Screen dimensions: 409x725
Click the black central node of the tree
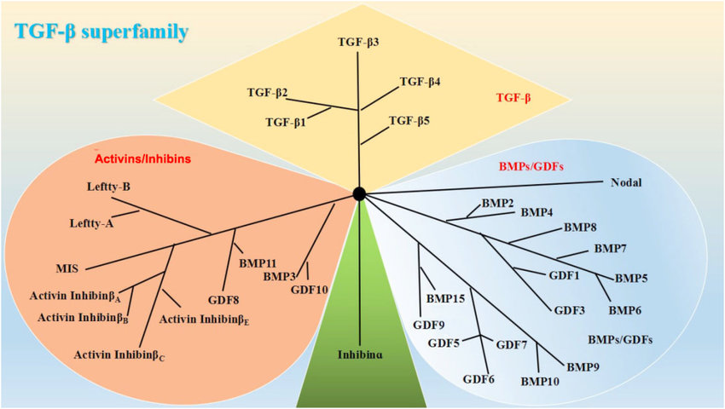pos(360,194)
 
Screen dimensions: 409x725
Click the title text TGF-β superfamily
pos(101,32)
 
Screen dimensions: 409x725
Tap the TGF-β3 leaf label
pos(358,42)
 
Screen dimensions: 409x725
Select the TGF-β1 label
pos(286,123)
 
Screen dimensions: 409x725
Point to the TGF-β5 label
pos(409,121)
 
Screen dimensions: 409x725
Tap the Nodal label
pos(626,182)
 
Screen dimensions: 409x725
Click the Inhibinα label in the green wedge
pos(360,354)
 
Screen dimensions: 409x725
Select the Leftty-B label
pos(108,187)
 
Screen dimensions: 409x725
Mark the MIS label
pos(67,268)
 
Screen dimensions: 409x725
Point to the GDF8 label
pos(223,300)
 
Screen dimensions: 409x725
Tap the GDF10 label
pos(309,290)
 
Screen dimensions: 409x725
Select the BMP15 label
pos(445,298)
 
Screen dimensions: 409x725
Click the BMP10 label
pos(540,380)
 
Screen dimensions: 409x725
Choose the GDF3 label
pos(569,310)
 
